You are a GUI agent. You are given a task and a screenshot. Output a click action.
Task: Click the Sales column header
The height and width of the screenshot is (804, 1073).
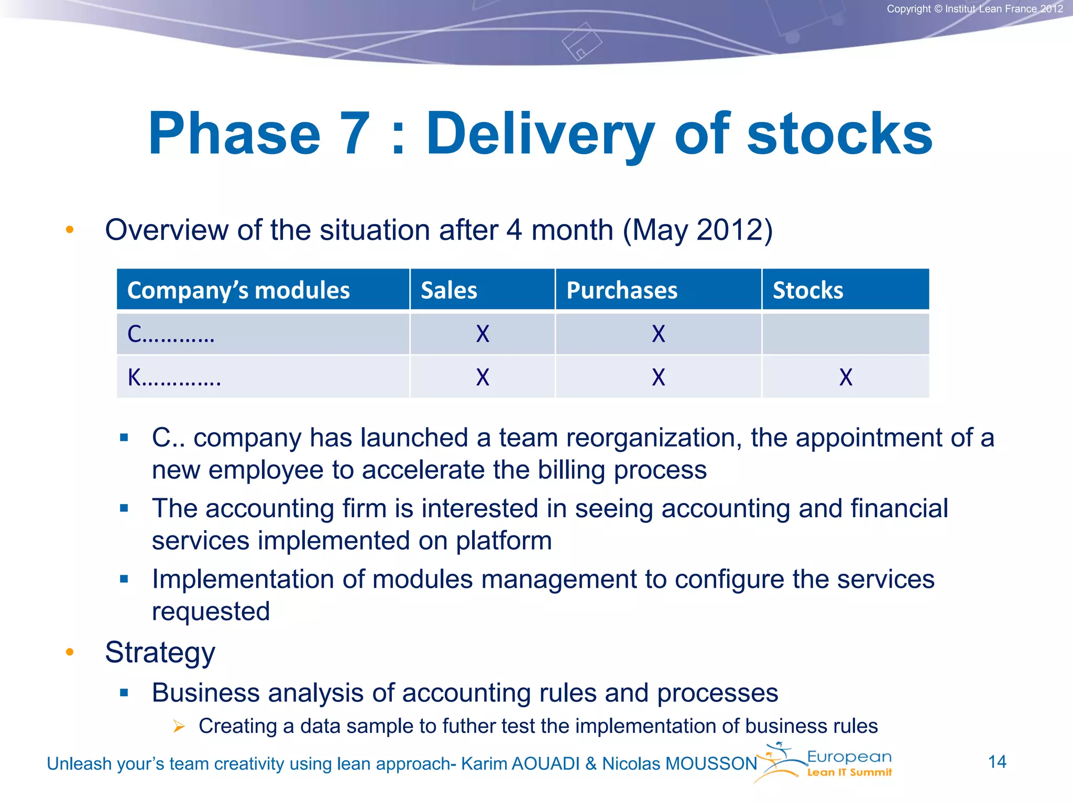coord(449,291)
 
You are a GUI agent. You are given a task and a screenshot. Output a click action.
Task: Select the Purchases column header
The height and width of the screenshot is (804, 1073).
coord(622,291)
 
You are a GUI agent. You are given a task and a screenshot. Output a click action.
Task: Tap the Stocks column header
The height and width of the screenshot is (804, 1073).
coord(808,291)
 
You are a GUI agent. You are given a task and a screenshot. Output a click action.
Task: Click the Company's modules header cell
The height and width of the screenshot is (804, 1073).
coord(238,291)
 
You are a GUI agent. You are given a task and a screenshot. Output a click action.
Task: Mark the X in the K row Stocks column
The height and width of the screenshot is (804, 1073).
coord(846,377)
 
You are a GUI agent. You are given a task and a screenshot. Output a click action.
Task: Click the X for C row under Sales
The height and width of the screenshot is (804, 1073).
coord(483,334)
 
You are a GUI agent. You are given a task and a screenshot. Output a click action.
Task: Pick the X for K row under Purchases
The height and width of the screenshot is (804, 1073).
coord(659,377)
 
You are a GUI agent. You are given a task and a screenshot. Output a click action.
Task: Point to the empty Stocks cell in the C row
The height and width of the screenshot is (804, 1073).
coord(846,334)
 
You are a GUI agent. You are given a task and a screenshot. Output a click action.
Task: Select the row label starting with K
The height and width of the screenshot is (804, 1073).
coord(174,377)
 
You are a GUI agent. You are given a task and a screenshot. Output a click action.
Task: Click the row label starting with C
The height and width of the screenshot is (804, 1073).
coord(171,334)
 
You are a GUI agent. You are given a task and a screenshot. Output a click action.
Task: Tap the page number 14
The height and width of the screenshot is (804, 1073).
coord(997,762)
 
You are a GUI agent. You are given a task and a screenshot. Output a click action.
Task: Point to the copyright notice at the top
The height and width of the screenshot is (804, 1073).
coord(975,9)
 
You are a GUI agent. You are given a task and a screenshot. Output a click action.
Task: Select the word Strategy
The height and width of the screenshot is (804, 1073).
coord(160,653)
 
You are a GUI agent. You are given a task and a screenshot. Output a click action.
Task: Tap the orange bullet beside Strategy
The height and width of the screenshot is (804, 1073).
coord(70,652)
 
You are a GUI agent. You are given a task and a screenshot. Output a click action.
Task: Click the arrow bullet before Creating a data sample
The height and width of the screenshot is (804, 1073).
coord(179,727)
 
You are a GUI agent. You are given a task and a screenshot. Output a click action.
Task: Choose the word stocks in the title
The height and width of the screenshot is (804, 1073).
coord(839,134)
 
